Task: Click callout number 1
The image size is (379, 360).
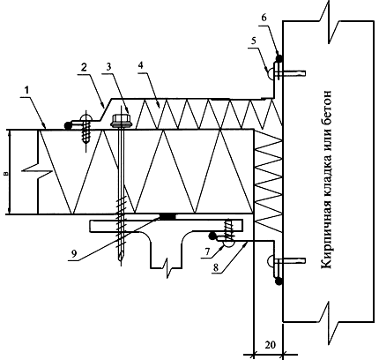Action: click(26, 91)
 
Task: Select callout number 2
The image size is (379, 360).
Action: click(84, 68)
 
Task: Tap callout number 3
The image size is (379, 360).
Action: click(108, 67)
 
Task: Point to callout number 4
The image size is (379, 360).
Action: click(141, 65)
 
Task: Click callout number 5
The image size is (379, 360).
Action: click(253, 41)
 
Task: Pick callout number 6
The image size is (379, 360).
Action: click(264, 18)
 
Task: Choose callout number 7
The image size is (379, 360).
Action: click(207, 251)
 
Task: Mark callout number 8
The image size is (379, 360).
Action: click(216, 267)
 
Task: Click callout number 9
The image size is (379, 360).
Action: click(74, 253)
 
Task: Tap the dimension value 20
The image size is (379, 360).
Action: click(271, 344)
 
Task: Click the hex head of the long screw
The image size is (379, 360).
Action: click(121, 120)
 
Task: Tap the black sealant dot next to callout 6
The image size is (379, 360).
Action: click(279, 58)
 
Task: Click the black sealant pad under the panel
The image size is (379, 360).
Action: click(167, 216)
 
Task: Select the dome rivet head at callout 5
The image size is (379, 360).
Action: click(271, 71)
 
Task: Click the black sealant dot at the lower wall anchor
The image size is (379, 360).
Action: click(279, 281)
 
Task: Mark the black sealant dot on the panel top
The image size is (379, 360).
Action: click(68, 125)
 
